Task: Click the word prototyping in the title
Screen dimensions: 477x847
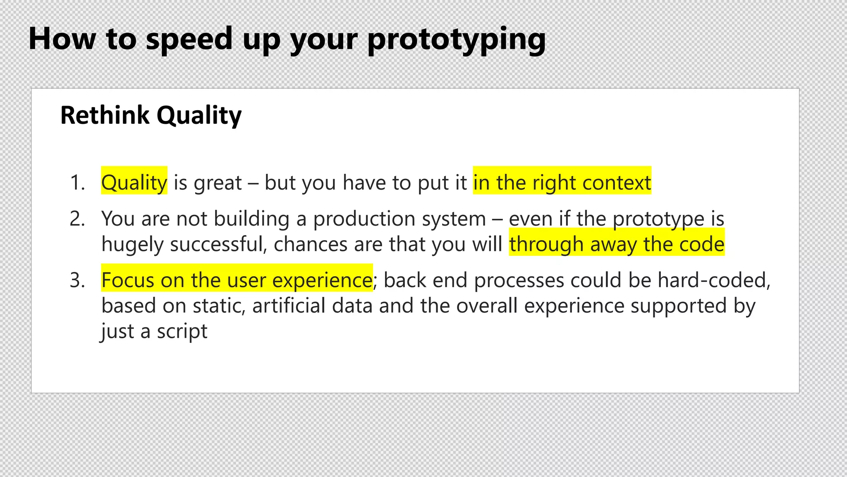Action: [x=456, y=39]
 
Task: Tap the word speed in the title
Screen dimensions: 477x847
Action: [x=189, y=39]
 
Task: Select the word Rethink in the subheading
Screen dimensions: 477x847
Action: [x=105, y=115]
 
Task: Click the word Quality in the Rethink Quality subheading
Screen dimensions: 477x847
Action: [x=199, y=115]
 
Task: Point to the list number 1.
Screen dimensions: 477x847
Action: [x=77, y=183]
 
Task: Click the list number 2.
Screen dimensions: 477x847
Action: [x=77, y=219]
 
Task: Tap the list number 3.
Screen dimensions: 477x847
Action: [x=77, y=280]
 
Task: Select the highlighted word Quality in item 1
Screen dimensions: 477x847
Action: [x=134, y=183]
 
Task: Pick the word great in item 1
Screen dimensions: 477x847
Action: [x=218, y=183]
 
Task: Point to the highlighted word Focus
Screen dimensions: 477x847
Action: [x=127, y=280]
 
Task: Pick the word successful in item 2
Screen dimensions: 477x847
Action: [x=218, y=244]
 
